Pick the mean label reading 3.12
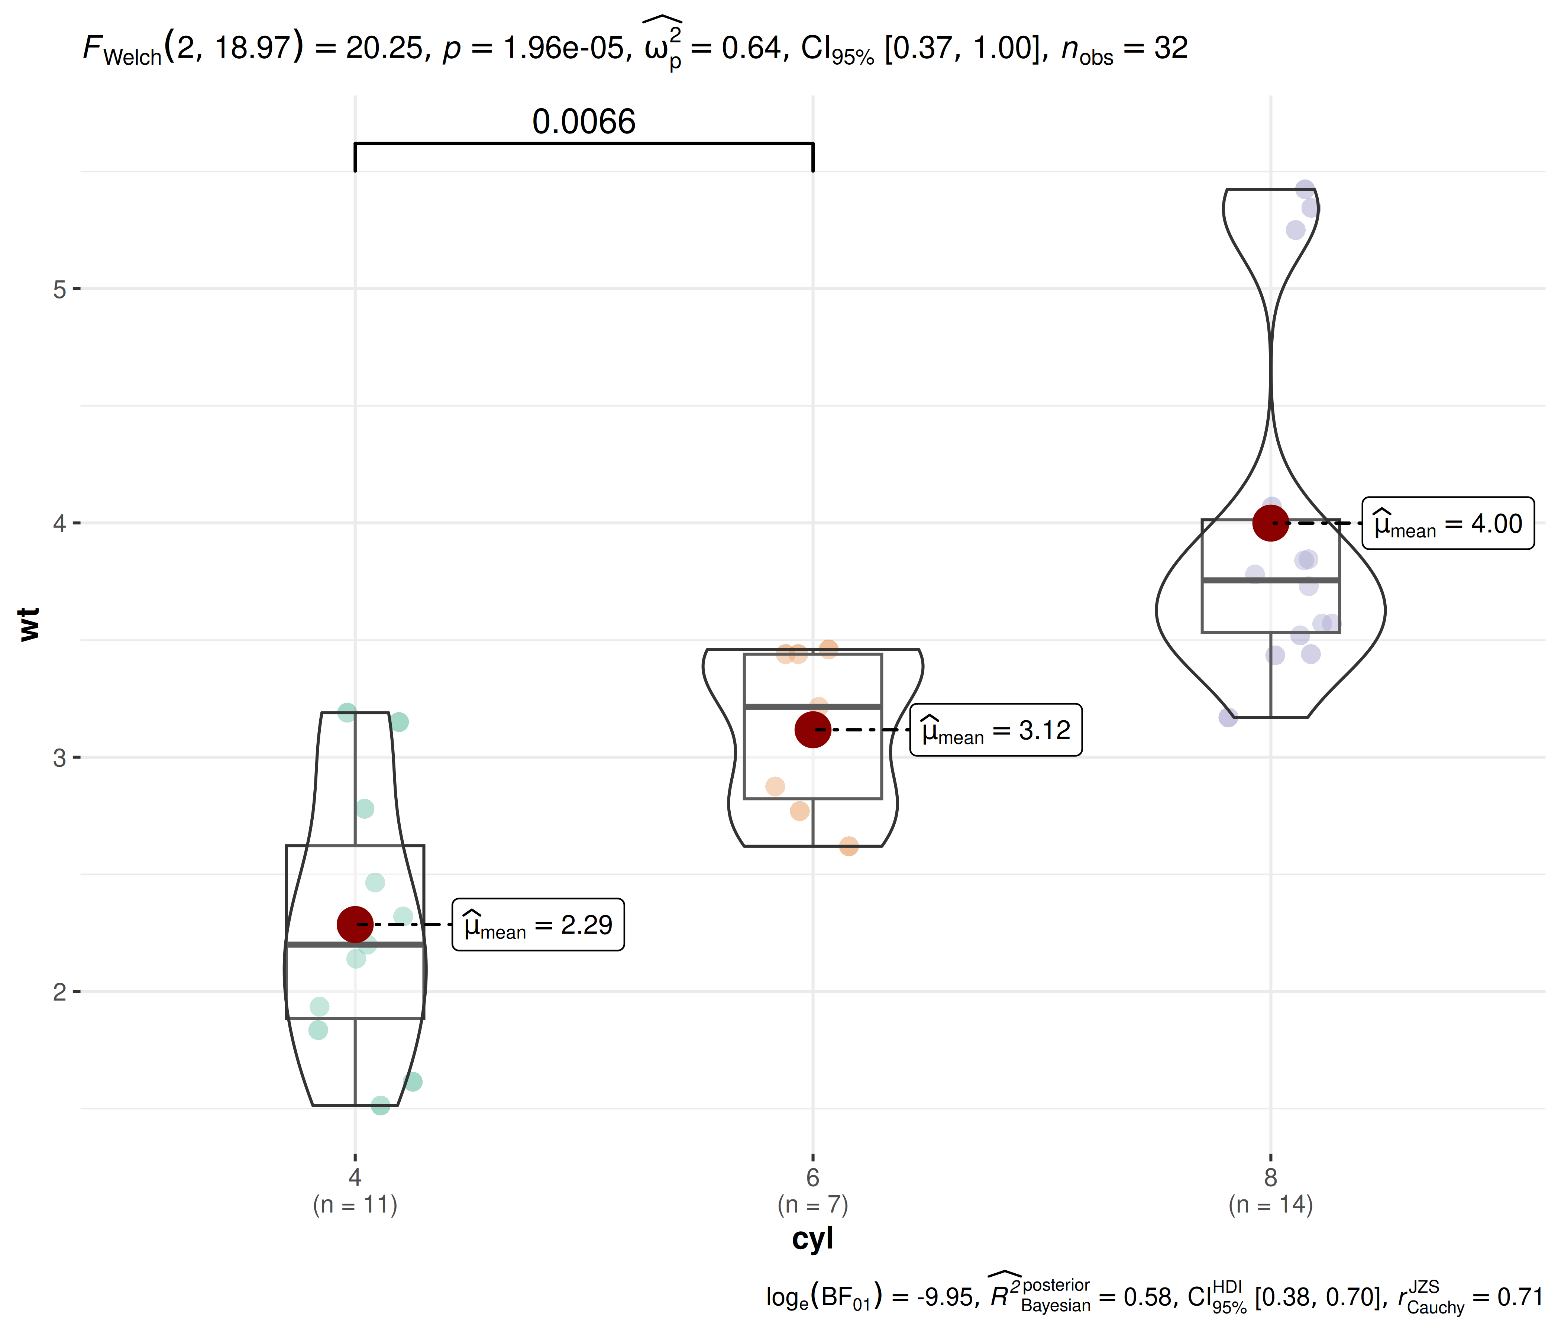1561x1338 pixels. click(x=996, y=730)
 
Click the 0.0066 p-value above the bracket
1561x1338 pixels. click(x=584, y=122)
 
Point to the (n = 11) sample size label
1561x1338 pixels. click(x=355, y=1205)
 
